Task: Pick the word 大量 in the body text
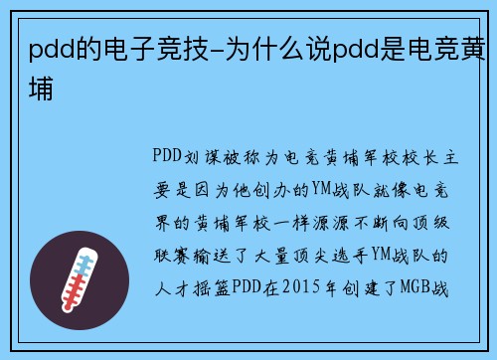(272, 258)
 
